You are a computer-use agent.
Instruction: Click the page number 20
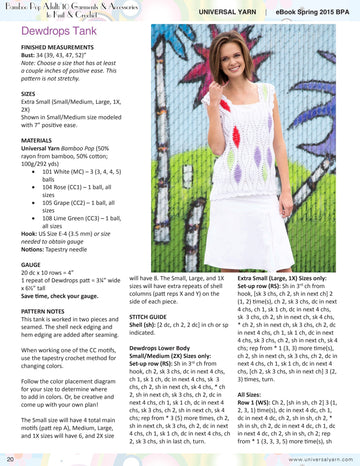(8, 459)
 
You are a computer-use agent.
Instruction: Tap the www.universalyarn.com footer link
(321, 459)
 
